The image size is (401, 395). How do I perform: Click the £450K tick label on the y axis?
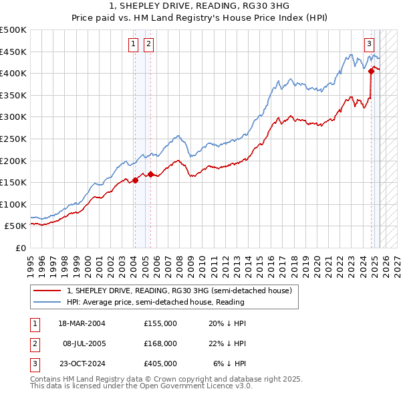pos(13,52)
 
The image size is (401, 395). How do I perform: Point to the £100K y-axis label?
pos(13,204)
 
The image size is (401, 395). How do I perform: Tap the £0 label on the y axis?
pos(20,248)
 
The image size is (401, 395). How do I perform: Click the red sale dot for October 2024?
pos(371,70)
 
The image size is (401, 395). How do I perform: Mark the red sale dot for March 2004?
pos(135,179)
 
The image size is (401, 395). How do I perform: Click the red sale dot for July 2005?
pos(150,174)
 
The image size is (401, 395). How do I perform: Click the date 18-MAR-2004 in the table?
pos(83,323)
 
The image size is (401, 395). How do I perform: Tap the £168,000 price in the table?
pos(160,343)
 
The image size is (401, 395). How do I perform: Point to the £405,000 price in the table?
pos(160,364)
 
